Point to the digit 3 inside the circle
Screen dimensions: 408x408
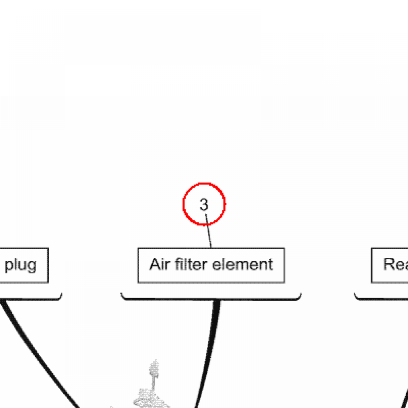pos(204,205)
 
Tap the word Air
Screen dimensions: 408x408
pos(158,264)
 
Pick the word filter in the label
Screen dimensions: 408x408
pos(190,264)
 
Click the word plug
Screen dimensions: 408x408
pos(20,265)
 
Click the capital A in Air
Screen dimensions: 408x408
pos(154,264)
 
